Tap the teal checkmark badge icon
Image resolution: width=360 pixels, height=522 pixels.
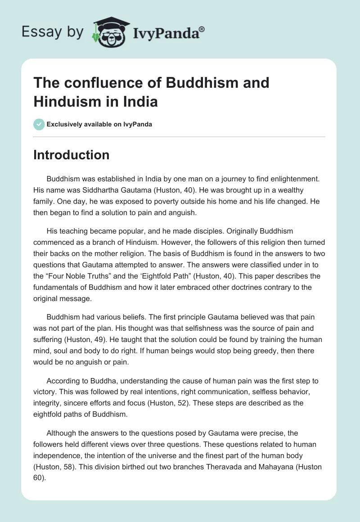point(39,124)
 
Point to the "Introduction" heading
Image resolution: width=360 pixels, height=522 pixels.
point(71,155)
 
